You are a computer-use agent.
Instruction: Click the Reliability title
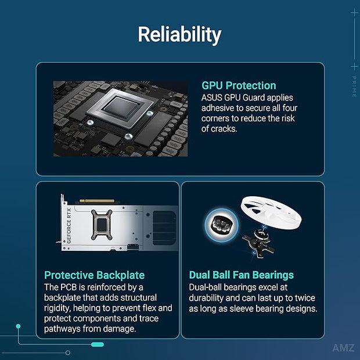pyautogui.click(x=179, y=34)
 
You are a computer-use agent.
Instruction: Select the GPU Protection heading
pyautogui.click(x=239, y=85)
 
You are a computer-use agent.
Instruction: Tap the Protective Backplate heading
pyautogui.click(x=95, y=275)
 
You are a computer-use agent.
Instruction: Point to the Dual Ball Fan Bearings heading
pyautogui.click(x=242, y=275)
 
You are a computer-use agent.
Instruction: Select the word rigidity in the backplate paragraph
pyautogui.click(x=57, y=308)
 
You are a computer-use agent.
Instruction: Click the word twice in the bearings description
pyautogui.click(x=305, y=298)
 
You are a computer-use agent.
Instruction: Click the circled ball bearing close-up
pyautogui.click(x=221, y=225)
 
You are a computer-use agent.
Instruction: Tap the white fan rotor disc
pyautogui.click(x=271, y=213)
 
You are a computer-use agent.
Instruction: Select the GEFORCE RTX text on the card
pyautogui.click(x=69, y=226)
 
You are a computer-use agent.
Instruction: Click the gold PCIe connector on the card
pyautogui.click(x=97, y=201)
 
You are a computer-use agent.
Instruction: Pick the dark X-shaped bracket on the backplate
pyautogui.click(x=102, y=225)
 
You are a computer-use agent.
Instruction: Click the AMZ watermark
pyautogui.click(x=343, y=348)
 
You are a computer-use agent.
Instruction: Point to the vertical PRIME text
pyautogui.click(x=354, y=87)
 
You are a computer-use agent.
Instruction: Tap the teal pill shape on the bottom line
pyautogui.click(x=98, y=344)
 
